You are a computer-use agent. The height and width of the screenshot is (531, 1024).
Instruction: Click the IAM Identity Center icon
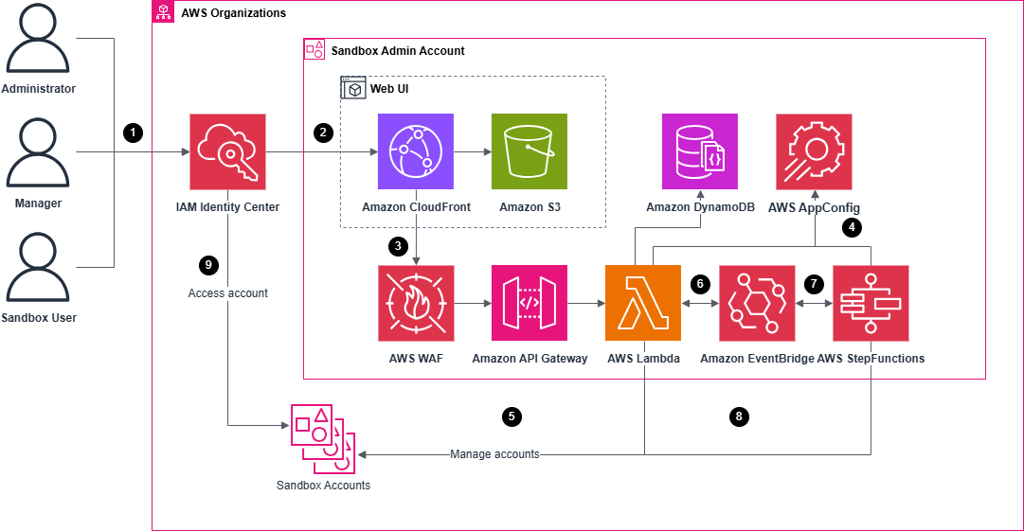coord(227,151)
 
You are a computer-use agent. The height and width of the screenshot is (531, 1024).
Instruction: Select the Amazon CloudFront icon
coord(416,151)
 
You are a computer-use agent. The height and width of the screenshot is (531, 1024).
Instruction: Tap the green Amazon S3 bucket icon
coord(530,151)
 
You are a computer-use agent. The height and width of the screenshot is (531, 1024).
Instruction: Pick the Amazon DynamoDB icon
coord(699,151)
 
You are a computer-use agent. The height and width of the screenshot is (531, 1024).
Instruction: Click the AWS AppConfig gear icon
coord(814,151)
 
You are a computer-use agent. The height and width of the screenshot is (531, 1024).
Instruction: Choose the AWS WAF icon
coord(416,303)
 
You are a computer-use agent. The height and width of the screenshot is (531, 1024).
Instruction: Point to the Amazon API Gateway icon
coord(530,303)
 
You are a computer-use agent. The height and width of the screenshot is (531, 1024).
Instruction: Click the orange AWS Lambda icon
coord(643,303)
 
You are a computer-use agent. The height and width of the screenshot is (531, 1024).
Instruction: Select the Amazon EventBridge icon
coord(757,303)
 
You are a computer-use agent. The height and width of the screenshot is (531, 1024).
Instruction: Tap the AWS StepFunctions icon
coord(871,303)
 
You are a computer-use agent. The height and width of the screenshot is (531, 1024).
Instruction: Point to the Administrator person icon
coord(39,43)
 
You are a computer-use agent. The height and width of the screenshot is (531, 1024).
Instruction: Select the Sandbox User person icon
coord(39,271)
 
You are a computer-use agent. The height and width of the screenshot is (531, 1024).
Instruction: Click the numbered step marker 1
coord(134,133)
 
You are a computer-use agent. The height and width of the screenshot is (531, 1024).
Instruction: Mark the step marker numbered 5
coord(512,416)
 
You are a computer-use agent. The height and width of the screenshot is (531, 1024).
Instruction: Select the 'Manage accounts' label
coord(494,454)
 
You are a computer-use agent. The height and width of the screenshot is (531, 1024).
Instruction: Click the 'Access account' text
coord(228,293)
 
